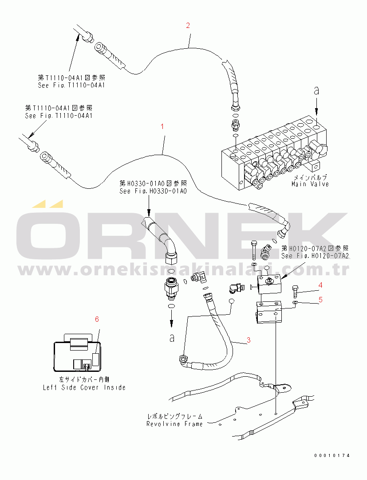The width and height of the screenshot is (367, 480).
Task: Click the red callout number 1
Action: [x=162, y=126]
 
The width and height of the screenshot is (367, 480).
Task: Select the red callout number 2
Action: [x=188, y=25]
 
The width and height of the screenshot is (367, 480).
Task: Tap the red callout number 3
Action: [x=249, y=340]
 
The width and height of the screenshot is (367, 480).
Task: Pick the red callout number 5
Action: [x=320, y=300]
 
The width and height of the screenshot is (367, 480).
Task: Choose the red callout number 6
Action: [x=97, y=319]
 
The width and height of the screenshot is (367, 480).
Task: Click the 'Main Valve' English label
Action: [x=310, y=184]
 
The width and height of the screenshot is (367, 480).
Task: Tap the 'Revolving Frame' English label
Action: [x=174, y=424]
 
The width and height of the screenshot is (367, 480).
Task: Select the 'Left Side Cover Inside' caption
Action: [x=84, y=387]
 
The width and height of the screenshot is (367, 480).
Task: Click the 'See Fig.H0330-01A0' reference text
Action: [x=153, y=191]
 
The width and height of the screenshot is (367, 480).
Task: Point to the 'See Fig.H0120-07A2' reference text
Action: [x=315, y=256]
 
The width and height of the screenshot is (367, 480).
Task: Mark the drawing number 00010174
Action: [x=332, y=456]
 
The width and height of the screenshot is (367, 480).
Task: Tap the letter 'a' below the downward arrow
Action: [x=171, y=338]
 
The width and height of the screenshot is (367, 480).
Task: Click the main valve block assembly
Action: [x=275, y=155]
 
